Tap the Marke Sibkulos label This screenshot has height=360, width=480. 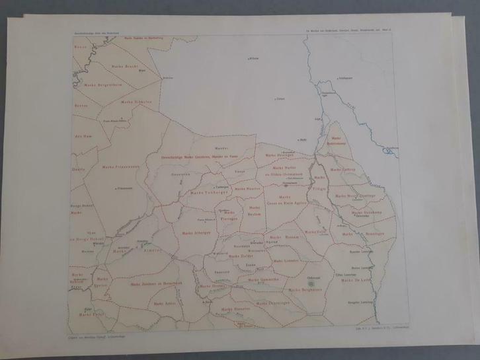click(136, 102)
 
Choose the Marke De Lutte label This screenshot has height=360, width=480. click(354, 280)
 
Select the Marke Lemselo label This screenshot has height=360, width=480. click(286, 260)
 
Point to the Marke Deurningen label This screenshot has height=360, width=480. click(273, 303)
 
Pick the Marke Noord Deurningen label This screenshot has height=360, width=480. click(355, 196)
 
